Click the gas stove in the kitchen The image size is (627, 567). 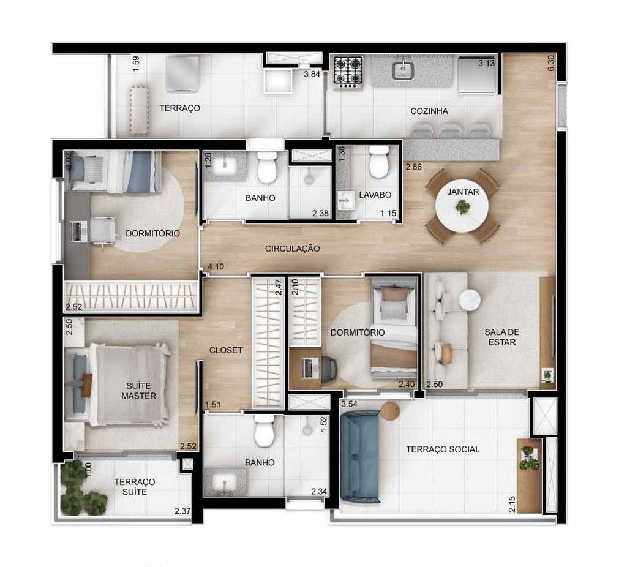(x=348, y=70)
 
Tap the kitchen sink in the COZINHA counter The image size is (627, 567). (x=402, y=70)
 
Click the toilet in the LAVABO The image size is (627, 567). (x=378, y=162)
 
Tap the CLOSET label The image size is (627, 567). (x=226, y=350)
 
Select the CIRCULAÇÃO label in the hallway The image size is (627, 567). (x=293, y=249)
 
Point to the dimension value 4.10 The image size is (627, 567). (x=216, y=267)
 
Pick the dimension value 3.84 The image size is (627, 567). (x=312, y=75)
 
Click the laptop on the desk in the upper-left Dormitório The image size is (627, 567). (x=77, y=231)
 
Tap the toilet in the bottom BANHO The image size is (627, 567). (x=265, y=433)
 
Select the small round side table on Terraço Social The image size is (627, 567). (x=389, y=411)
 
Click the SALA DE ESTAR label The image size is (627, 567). (x=501, y=337)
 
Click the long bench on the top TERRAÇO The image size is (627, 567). (x=139, y=110)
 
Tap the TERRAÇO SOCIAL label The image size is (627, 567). (x=443, y=449)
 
